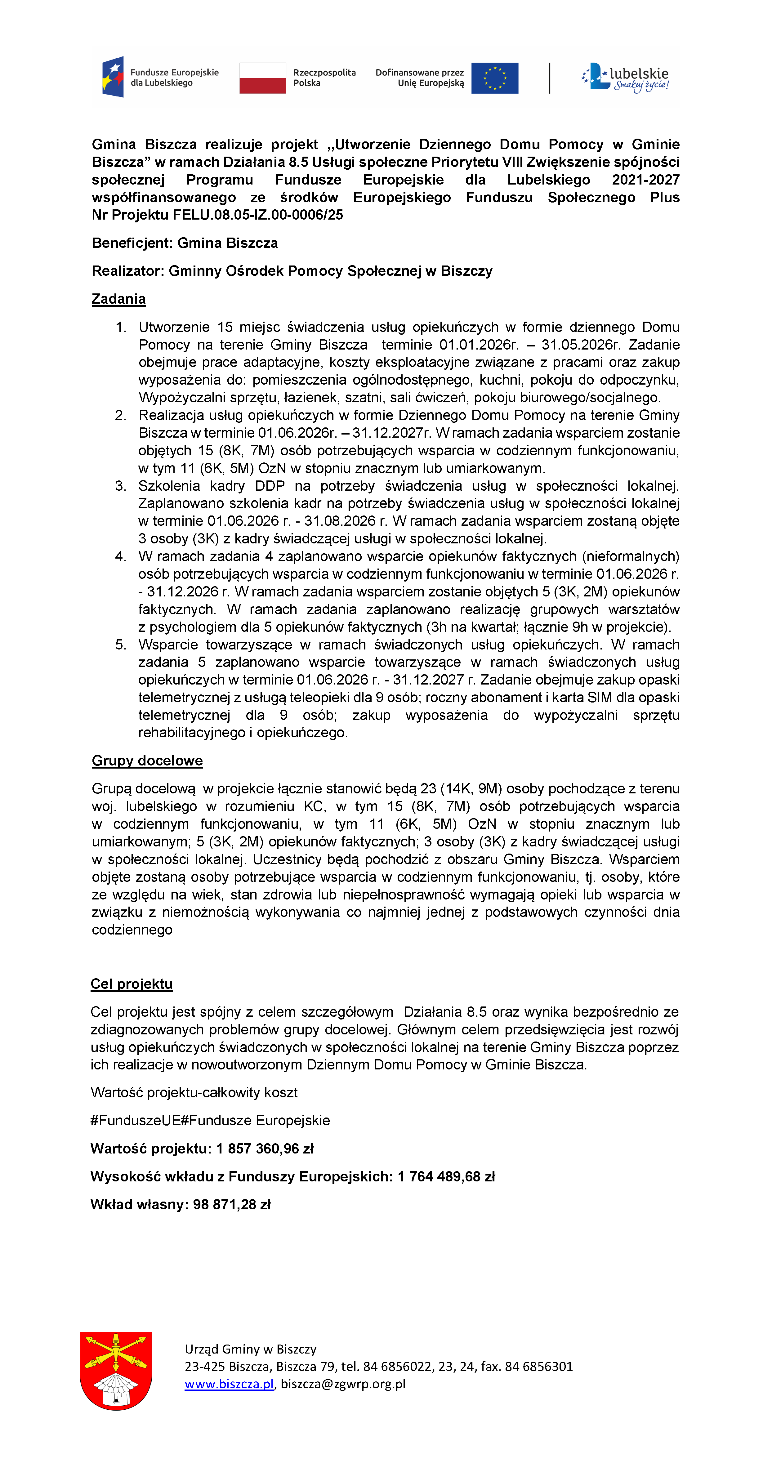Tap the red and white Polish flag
tap(262, 78)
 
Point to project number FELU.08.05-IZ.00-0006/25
tap(258, 215)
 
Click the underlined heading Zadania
tap(118, 299)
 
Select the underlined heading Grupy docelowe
tap(147, 761)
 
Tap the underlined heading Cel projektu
tap(132, 984)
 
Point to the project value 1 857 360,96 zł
tap(265, 1149)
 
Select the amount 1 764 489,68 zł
tap(446, 1176)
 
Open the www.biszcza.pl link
tap(229, 1384)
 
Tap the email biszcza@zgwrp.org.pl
tap(343, 1384)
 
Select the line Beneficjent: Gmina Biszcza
tap(185, 243)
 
